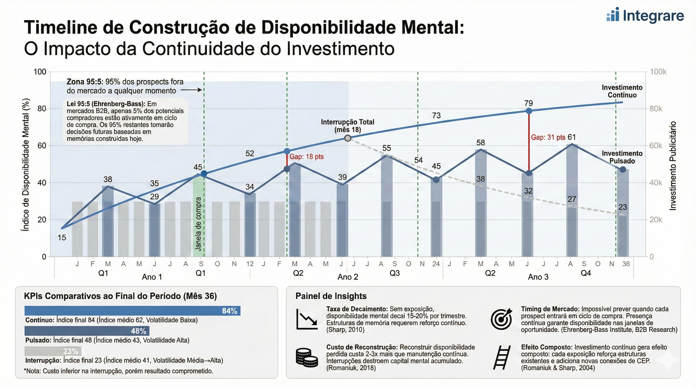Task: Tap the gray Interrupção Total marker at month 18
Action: [x=348, y=138]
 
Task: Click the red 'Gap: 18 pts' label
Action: [x=306, y=157]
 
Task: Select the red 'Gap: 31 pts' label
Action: [x=548, y=137]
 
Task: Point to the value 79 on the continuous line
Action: [x=529, y=103]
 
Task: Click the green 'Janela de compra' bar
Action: [x=199, y=216]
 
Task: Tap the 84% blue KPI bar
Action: [x=132, y=310]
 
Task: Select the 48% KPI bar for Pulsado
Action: [x=87, y=331]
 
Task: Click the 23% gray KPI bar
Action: [x=53, y=351]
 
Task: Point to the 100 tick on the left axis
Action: [x=40, y=72]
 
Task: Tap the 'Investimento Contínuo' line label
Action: [x=622, y=91]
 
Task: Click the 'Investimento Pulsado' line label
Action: [x=622, y=157]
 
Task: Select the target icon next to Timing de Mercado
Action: [x=501, y=319]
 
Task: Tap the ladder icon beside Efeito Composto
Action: [x=502, y=357]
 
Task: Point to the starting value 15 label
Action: [x=62, y=237]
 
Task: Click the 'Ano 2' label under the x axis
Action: [x=347, y=277]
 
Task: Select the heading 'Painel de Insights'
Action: [x=331, y=296]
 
